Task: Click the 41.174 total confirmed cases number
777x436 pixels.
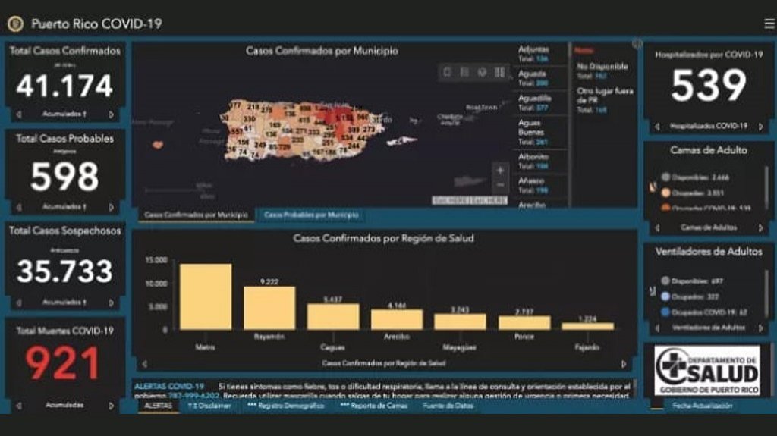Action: click(64, 86)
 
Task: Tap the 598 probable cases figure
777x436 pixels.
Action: click(64, 177)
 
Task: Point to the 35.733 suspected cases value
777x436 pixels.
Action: click(64, 271)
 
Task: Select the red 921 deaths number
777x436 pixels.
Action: click(64, 363)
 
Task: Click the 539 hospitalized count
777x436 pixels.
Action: click(708, 86)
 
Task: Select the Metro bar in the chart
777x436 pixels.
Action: click(206, 296)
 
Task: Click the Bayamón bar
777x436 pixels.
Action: click(269, 308)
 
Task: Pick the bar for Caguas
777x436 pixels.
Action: click(332, 316)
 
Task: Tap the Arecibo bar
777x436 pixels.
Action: click(397, 319)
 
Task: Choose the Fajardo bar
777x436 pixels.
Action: click(587, 326)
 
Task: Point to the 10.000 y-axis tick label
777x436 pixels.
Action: click(156, 284)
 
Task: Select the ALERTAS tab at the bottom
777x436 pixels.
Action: click(158, 406)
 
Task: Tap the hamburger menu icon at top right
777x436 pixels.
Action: click(769, 24)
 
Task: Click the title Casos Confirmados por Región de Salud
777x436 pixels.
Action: click(383, 238)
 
